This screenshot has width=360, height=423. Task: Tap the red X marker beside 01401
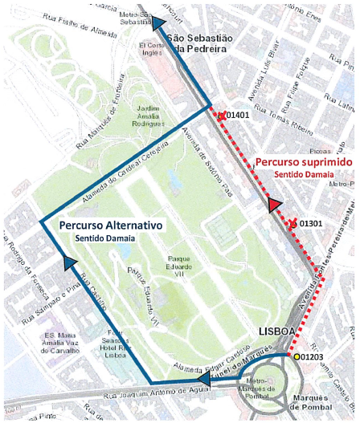tap(221, 116)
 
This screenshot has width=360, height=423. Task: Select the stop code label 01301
tap(310, 223)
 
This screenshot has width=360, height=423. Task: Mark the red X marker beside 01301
tap(293, 222)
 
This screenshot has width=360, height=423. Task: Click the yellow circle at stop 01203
tap(297, 356)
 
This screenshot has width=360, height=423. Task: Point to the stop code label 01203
tap(315, 356)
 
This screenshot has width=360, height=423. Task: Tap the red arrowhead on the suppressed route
tap(275, 204)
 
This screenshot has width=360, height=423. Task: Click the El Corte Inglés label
tap(150, 50)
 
